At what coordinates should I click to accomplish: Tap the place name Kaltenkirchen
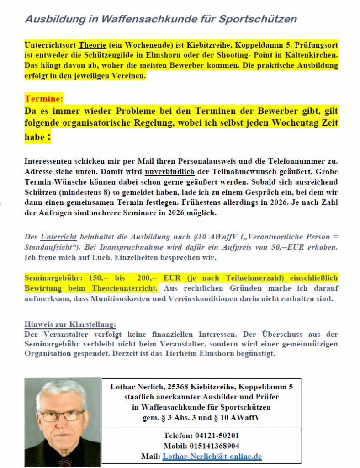pyautogui.click(x=313, y=55)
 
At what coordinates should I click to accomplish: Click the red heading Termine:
pyautogui.click(x=44, y=99)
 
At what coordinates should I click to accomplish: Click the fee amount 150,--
pyautogui.click(x=95, y=278)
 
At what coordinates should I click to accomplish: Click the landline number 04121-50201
pyautogui.click(x=214, y=436)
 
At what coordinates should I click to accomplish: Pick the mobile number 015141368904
pyautogui.click(x=214, y=446)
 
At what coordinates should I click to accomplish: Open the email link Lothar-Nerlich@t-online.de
pyautogui.click(x=212, y=456)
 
